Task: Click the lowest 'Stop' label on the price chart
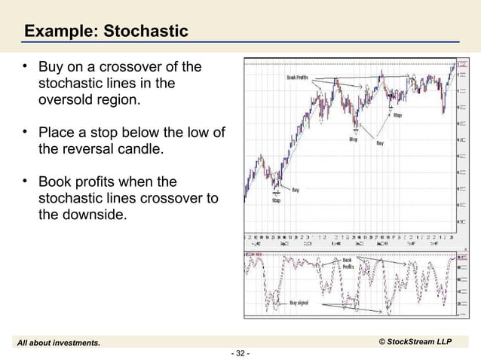tap(277, 201)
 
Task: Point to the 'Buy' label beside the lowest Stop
tap(296, 191)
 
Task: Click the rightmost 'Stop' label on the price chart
tap(397, 115)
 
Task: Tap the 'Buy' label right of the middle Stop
tap(382, 142)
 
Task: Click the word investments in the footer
tap(75, 343)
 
